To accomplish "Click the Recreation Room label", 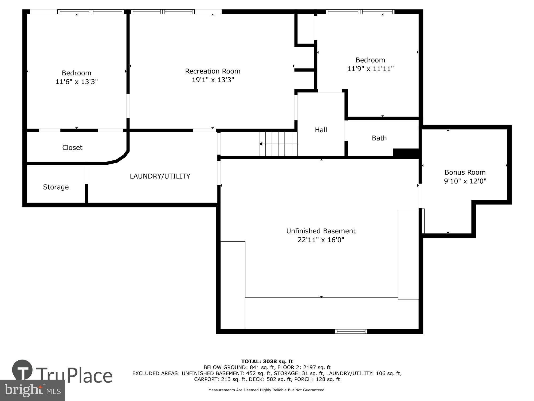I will (x=213, y=71).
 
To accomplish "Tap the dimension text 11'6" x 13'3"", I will (x=77, y=82).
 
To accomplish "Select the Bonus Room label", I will (x=465, y=172).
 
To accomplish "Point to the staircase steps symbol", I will (x=278, y=144).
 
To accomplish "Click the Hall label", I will (x=321, y=130).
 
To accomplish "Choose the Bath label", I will (x=379, y=138).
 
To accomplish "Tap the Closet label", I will (x=72, y=148).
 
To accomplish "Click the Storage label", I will (x=56, y=187).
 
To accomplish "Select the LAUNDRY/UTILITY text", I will (x=160, y=176).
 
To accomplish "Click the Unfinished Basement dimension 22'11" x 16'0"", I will (x=321, y=240).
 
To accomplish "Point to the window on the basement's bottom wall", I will (x=351, y=331).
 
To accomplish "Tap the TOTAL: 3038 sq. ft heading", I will (x=267, y=361).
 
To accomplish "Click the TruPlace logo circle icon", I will (x=22, y=370).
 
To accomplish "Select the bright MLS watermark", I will (x=32, y=390).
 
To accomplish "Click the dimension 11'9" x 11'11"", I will (x=370, y=69).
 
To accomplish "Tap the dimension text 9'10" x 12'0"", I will (x=465, y=181).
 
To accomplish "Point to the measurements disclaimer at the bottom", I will (x=267, y=390).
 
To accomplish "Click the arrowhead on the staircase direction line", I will (x=261, y=144).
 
